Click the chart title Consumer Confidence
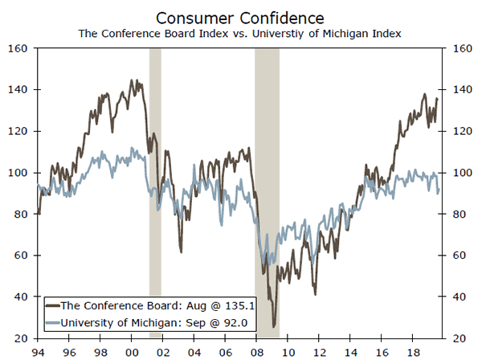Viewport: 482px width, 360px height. point(241,17)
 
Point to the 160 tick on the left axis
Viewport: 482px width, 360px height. point(19,48)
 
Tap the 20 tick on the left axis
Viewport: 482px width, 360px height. point(22,337)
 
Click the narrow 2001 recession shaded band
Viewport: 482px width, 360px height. point(155,193)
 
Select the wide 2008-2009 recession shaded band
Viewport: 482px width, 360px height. point(267,193)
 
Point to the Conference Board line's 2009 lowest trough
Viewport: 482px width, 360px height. point(275,326)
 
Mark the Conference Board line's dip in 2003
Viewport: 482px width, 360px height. point(181,252)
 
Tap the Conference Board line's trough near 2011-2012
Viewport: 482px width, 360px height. point(315,294)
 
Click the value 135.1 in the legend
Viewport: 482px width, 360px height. point(239,305)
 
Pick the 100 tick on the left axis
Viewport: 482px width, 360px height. point(19,173)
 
